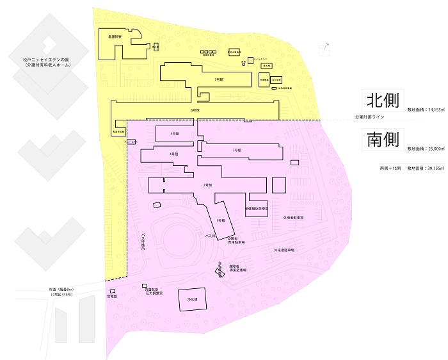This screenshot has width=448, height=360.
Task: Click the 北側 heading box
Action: click(383, 101)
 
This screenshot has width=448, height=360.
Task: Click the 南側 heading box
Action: click(383, 140)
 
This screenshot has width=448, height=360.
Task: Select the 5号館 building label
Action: click(174, 133)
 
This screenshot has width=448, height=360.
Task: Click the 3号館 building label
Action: click(236, 149)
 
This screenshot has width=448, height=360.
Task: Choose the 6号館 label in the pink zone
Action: click(174, 154)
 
